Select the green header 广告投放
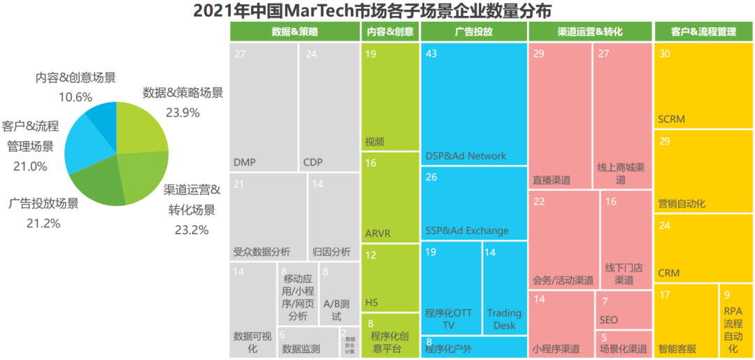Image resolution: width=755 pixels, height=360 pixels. coord(473,32)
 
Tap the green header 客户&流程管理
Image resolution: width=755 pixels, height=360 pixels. coord(703,32)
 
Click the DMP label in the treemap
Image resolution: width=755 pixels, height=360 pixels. coord(245,163)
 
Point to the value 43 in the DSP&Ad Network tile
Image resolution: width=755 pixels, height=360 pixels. coord(431,54)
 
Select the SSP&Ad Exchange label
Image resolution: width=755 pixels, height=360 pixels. coord(466,231)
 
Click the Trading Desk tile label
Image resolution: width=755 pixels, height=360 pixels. coord(504,319)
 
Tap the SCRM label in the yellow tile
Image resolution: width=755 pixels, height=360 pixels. coord(671,120)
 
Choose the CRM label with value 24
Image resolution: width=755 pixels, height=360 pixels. coord(668,273)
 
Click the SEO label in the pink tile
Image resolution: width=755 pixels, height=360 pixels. coord(608,320)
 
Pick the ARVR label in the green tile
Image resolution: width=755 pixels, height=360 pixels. coord(378,233)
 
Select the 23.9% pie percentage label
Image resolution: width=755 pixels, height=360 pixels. coord(182,112)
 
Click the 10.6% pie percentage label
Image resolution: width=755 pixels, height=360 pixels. coord(75,96)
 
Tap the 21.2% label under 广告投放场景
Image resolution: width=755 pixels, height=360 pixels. coord(43,224)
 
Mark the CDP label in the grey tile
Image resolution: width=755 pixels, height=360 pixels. coord(313,163)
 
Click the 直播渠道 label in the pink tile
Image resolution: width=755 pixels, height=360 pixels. coord(551,180)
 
